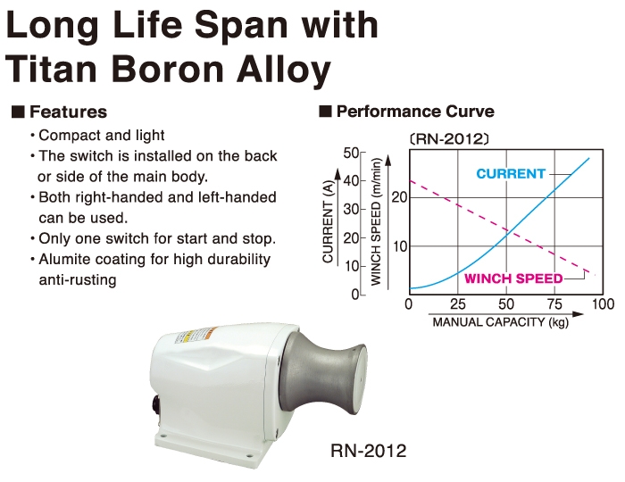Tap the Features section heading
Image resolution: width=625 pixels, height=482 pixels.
click(x=68, y=112)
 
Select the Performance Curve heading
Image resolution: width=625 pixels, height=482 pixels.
click(x=415, y=112)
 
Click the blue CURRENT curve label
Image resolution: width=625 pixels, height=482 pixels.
click(x=511, y=174)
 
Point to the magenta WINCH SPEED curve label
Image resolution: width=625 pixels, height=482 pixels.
click(x=513, y=278)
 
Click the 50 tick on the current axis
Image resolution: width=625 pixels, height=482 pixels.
click(x=351, y=153)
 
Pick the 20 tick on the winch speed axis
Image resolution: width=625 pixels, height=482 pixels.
click(x=399, y=196)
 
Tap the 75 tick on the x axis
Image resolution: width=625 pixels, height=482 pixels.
click(x=554, y=304)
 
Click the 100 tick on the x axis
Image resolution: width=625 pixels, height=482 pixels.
click(x=603, y=304)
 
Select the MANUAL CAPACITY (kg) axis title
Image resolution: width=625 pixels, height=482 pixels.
click(x=501, y=322)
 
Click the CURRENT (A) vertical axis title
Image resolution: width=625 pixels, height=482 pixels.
click(x=328, y=221)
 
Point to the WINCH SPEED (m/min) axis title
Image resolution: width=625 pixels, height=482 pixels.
click(x=376, y=221)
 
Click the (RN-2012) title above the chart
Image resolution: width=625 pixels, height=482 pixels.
click(x=449, y=139)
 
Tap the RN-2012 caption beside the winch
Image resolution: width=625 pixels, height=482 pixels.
click(x=368, y=451)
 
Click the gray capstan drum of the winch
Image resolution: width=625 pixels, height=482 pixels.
click(x=322, y=375)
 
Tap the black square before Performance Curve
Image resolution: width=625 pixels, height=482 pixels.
click(x=325, y=112)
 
